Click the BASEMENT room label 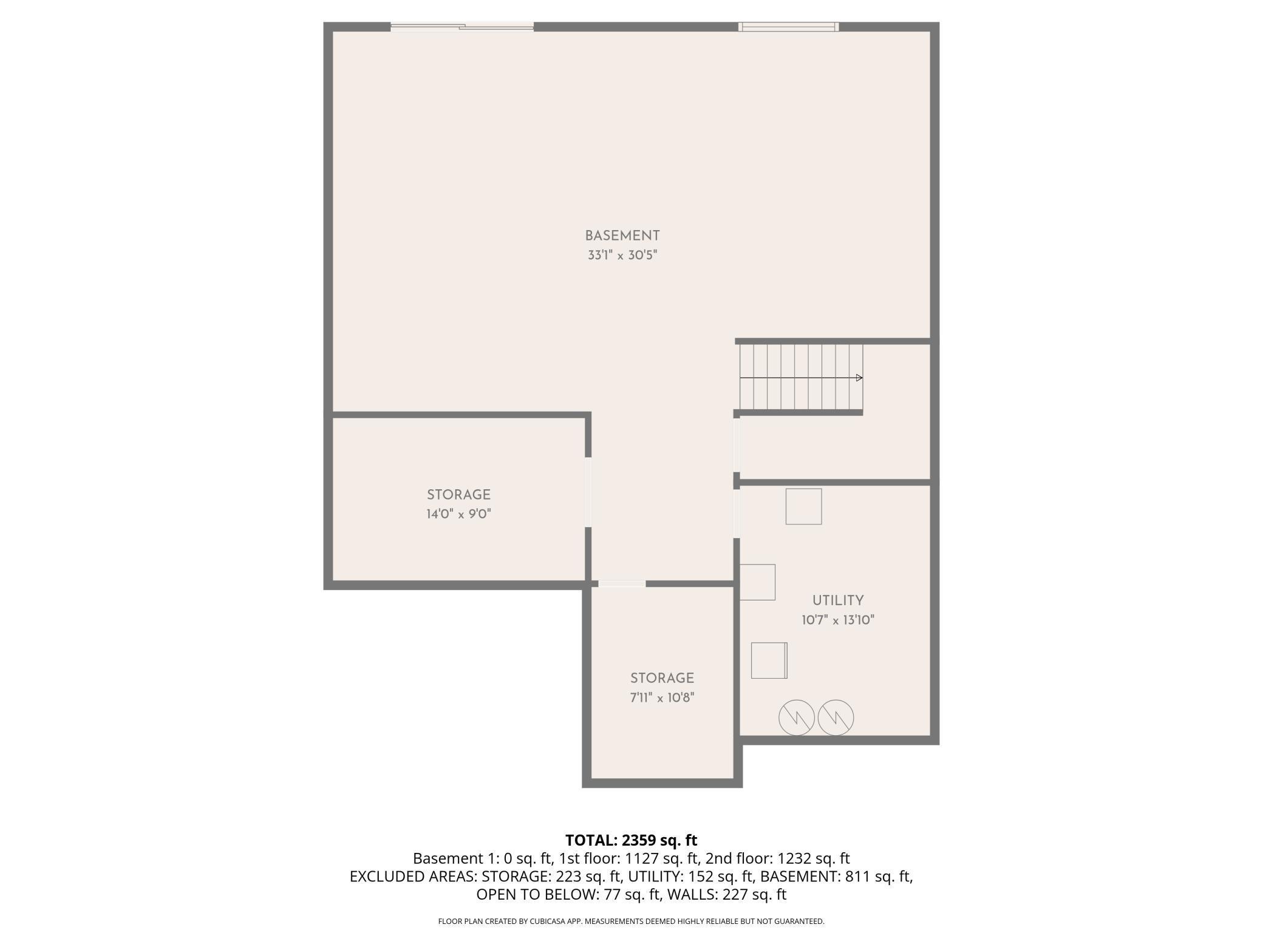(x=622, y=236)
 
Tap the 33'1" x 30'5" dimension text (x=622, y=255)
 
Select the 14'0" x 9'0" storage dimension (x=458, y=514)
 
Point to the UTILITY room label (x=838, y=600)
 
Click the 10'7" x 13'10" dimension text (x=838, y=620)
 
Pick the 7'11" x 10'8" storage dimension (x=662, y=698)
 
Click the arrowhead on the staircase (x=859, y=378)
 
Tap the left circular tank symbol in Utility (x=797, y=718)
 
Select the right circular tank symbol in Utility (x=836, y=718)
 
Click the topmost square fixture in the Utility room (x=803, y=506)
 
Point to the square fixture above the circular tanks (x=769, y=660)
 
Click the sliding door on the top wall (x=462, y=27)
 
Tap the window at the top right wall (x=788, y=27)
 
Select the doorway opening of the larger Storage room (x=588, y=492)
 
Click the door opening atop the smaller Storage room (x=622, y=584)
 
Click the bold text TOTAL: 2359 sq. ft (x=631, y=840)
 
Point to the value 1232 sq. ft (x=813, y=858)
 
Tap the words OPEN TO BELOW (x=536, y=894)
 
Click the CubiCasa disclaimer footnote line (x=631, y=922)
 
